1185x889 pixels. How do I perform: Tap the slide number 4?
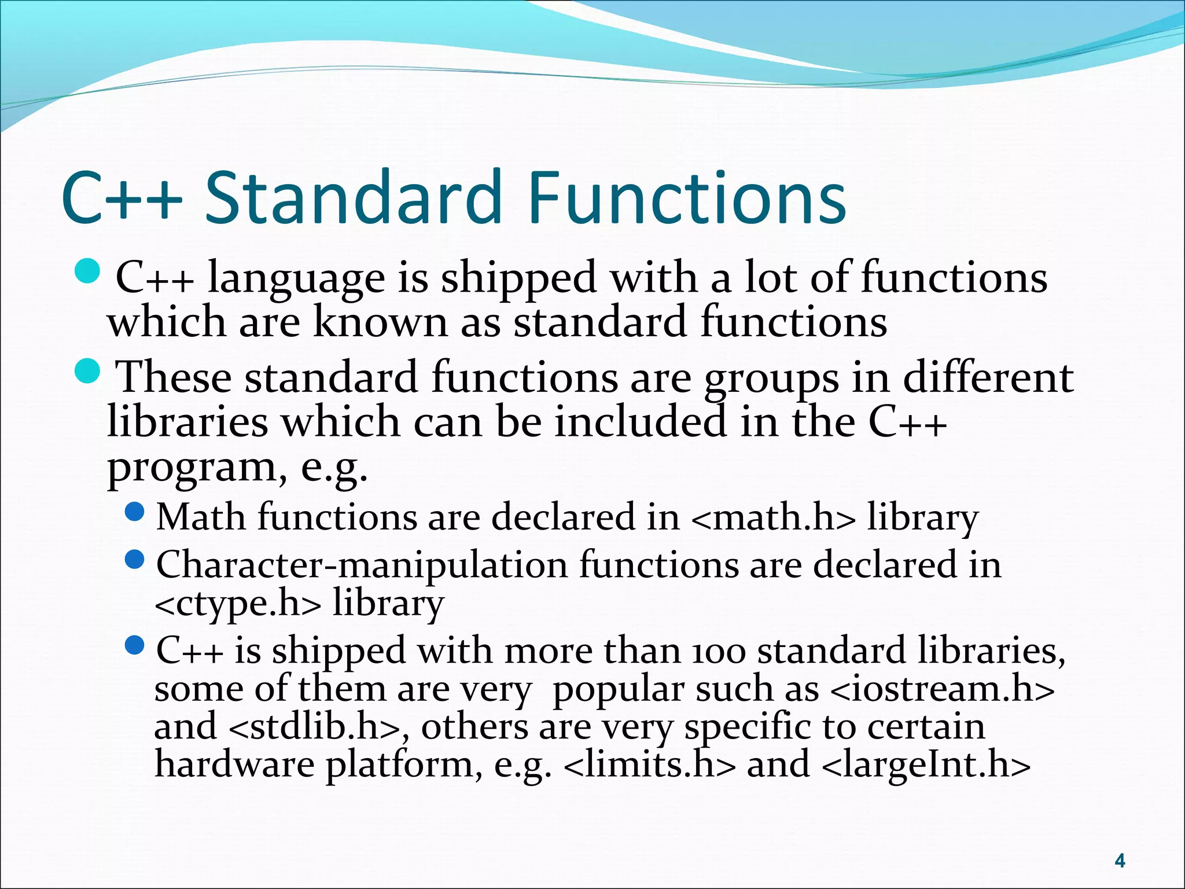[x=1120, y=861]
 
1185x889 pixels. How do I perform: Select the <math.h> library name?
[x=772, y=517]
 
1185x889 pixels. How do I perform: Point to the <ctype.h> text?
[x=237, y=604]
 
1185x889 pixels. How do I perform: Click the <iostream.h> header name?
[x=942, y=689]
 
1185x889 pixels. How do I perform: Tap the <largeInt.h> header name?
[x=926, y=765]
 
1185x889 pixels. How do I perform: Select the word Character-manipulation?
[x=362, y=565]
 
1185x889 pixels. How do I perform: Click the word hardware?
[x=234, y=765]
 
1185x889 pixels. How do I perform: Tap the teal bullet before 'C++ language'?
[x=88, y=271]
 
